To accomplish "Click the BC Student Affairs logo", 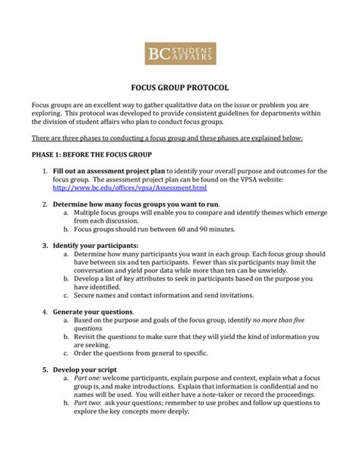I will [180, 52].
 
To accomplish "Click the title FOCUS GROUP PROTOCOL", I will [180, 87].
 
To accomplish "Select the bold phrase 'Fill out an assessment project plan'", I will [109, 170].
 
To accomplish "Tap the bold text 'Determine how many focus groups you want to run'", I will [135, 204].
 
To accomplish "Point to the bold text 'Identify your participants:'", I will [95, 246].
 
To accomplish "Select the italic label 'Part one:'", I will [89, 379].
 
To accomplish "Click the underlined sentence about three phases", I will [167, 138].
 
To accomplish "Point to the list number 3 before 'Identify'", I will [45, 246].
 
